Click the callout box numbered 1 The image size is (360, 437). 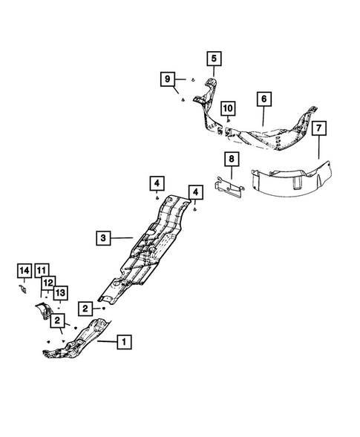coord(124,342)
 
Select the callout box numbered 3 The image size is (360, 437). coord(104,238)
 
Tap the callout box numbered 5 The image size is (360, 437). coord(213,58)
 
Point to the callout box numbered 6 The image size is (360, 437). coord(263,98)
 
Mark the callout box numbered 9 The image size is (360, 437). coord(168,79)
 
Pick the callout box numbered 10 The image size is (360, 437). coord(227,109)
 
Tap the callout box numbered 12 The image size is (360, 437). coord(48,282)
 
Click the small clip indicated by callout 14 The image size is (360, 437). coord(23,289)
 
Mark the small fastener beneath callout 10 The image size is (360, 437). coord(228,120)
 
